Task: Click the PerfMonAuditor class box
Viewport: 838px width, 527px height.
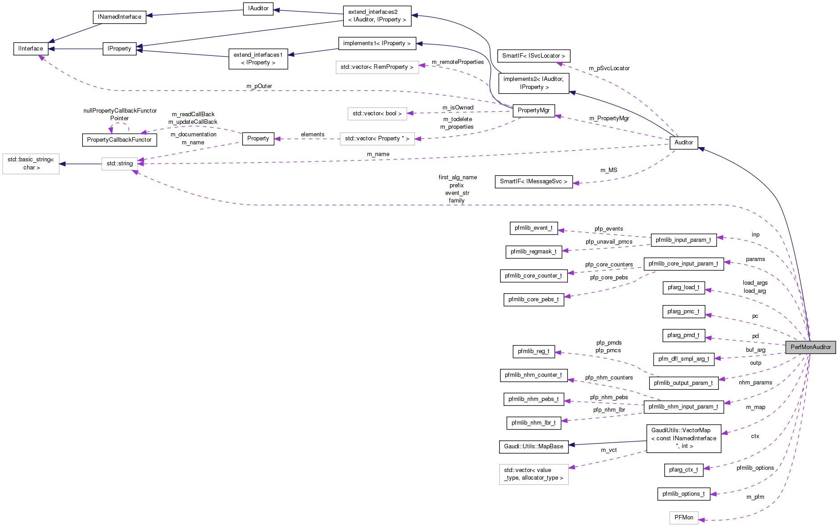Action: pyautogui.click(x=810, y=347)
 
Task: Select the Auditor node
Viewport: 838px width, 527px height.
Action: pyautogui.click(x=684, y=143)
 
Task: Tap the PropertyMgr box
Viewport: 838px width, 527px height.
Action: pyautogui.click(x=534, y=110)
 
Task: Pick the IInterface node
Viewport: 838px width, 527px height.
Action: pyautogui.click(x=31, y=49)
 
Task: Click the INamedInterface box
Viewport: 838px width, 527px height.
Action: pyautogui.click(x=119, y=17)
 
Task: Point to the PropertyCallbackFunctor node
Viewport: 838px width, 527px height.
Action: pyautogui.click(x=119, y=140)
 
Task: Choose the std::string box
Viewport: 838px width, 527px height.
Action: pyautogui.click(x=120, y=164)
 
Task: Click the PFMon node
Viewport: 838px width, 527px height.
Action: pyautogui.click(x=684, y=518)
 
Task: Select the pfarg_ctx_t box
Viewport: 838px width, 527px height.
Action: pyautogui.click(x=683, y=470)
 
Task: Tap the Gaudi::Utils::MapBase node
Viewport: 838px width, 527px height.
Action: pyautogui.click(x=534, y=447)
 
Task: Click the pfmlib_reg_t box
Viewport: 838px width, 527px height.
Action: pyautogui.click(x=534, y=351)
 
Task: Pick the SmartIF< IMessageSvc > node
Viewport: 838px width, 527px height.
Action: pyautogui.click(x=534, y=181)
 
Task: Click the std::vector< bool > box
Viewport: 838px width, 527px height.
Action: pyautogui.click(x=377, y=114)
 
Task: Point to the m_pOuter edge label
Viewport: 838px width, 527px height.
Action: pyautogui.click(x=259, y=86)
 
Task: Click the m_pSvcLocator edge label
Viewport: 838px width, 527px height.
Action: pyautogui.click(x=609, y=68)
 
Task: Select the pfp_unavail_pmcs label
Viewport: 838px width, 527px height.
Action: pyautogui.click(x=609, y=242)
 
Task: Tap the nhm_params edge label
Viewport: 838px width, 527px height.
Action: pyautogui.click(x=755, y=383)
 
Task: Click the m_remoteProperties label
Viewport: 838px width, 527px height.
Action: pyautogui.click(x=458, y=62)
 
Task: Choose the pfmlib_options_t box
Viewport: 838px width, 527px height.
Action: pyautogui.click(x=684, y=494)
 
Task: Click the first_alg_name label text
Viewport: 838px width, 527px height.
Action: pyautogui.click(x=458, y=177)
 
